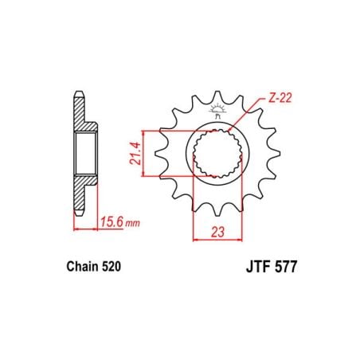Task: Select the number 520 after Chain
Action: [109, 271]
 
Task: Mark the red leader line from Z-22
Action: [242, 115]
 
